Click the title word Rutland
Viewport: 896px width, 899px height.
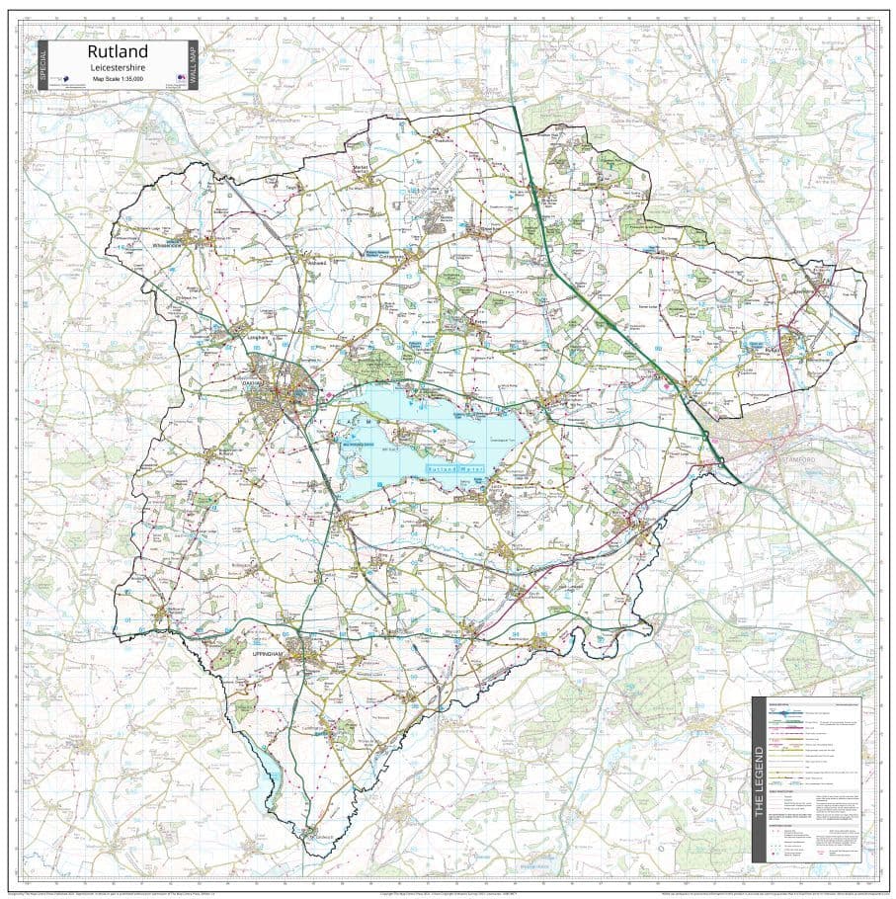(x=118, y=51)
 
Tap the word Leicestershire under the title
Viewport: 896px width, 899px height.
(x=118, y=67)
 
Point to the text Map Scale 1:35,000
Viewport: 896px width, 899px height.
(x=118, y=78)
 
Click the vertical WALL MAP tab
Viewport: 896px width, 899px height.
(x=193, y=65)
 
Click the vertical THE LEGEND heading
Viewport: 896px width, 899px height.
(x=759, y=779)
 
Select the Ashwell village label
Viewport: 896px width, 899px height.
(x=317, y=263)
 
